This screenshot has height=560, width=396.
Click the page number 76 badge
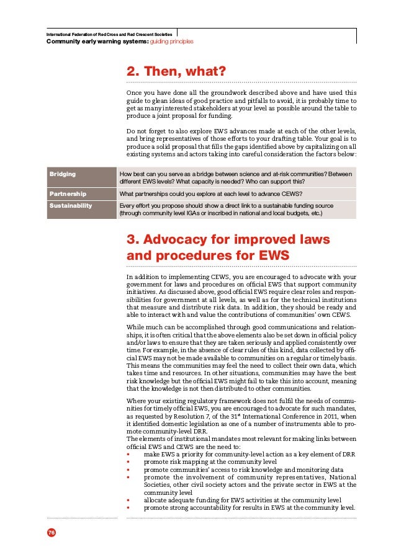(50, 532)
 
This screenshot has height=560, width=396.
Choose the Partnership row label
(68, 193)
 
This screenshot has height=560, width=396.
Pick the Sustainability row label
(71, 205)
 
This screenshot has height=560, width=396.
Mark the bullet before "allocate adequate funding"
(128, 499)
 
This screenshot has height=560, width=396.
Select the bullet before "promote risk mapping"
(128, 462)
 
